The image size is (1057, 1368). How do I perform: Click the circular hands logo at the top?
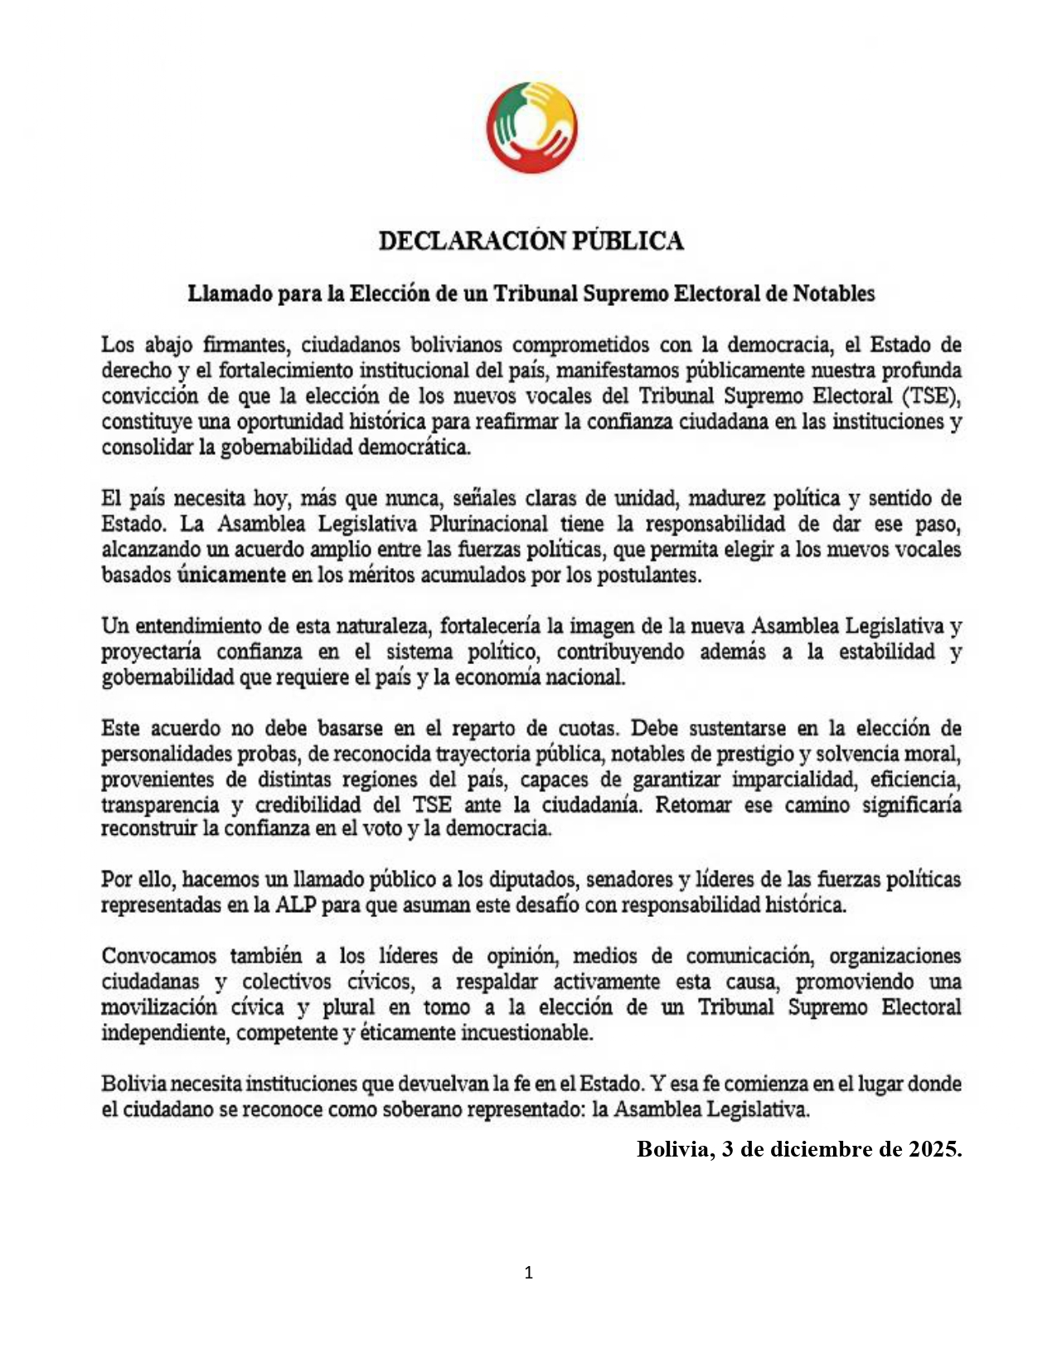coord(531,127)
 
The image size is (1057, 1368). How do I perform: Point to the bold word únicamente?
coord(231,575)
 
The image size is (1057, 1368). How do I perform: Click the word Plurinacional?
coord(488,524)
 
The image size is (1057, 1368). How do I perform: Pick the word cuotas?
coord(588,729)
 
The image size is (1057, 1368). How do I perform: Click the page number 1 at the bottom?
coord(529,1273)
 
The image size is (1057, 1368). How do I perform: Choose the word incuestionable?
coord(526,1033)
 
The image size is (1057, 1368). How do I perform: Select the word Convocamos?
coord(158,956)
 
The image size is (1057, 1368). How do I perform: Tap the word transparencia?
coord(160,805)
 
